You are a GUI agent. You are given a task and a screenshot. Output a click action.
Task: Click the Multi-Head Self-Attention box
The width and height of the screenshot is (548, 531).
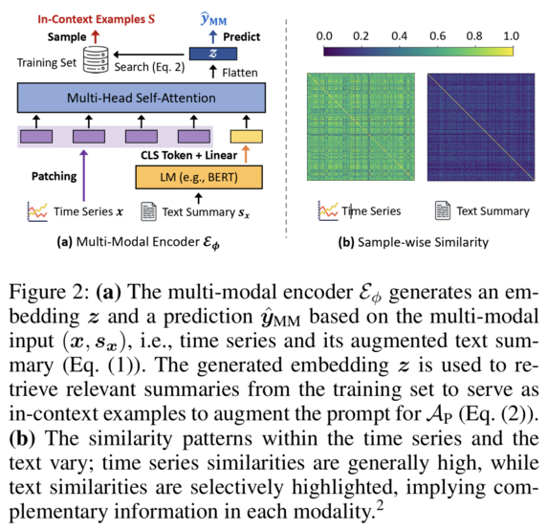[140, 99]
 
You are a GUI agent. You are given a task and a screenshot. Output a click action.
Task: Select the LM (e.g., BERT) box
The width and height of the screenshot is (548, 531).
[198, 177]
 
